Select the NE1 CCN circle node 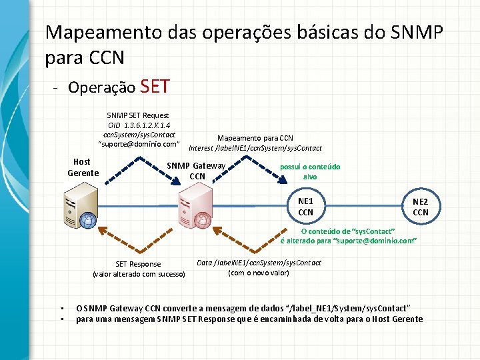tap(305, 207)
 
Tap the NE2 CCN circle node tap(421, 207)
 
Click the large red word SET tap(156, 87)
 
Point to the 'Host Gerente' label tap(83, 167)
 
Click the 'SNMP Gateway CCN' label tap(197, 171)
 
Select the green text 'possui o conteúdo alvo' tap(310, 172)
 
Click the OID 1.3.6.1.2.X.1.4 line tap(139, 125)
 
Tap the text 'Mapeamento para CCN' tap(255, 139)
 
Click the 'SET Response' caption tap(138, 264)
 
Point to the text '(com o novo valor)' tap(259, 273)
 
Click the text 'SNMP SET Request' tap(138, 115)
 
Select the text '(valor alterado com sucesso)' tap(139, 274)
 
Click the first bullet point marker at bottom tap(61, 309)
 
